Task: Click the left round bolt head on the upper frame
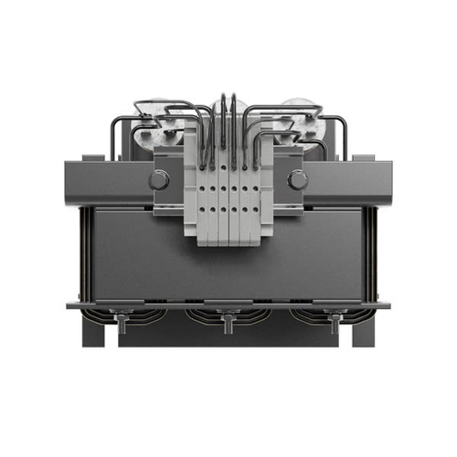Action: (159, 180)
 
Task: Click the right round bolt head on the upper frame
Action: (297, 180)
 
